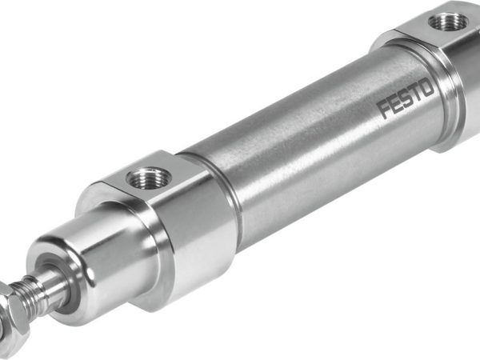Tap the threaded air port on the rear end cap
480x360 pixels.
click(x=442, y=22)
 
